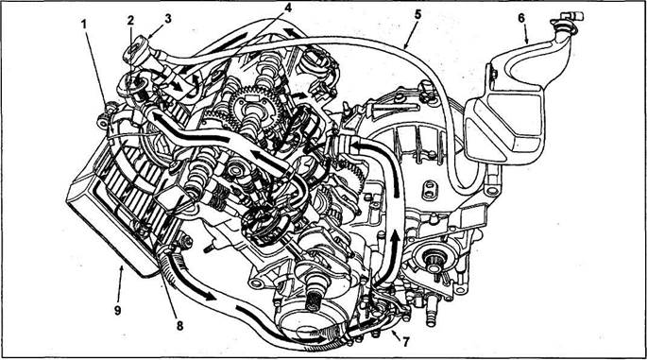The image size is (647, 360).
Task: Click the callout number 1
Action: pos(84,25)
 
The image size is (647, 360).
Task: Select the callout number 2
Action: pos(130,21)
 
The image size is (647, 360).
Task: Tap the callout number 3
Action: pos(167,18)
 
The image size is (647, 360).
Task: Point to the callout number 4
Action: pos(288,8)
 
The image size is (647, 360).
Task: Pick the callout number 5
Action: pos(418,14)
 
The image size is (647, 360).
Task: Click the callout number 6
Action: pos(521,18)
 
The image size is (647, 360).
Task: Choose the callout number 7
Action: pos(406,342)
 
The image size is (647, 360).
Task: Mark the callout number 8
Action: pos(179,326)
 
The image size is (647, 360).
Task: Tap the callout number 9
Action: pos(118,310)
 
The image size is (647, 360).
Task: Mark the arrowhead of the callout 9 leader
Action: pos(121,268)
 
